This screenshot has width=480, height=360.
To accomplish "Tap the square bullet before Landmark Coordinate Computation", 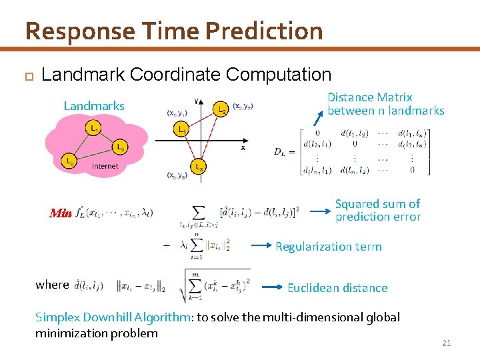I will click(28, 75).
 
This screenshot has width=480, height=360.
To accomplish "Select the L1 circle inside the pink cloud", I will click(95, 127).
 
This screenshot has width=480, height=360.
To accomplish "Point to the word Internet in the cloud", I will click(105, 166).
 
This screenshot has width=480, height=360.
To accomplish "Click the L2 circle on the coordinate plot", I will click(222, 107).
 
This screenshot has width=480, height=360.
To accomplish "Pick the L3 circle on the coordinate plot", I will click(199, 165).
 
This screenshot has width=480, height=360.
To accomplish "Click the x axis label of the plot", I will click(243, 148).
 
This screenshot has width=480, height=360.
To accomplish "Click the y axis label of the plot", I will click(195, 100).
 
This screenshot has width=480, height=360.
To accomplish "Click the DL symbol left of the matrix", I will click(284, 151).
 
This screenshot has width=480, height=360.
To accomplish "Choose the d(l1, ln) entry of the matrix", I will click(413, 133).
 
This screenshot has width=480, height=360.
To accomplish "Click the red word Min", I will click(61, 213).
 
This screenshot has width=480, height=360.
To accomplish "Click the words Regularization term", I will click(329, 247).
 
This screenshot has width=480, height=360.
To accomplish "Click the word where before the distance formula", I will click(53, 285).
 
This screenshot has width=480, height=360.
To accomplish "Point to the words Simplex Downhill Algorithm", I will click(112, 317).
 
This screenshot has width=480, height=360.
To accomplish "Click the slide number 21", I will click(447, 343).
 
